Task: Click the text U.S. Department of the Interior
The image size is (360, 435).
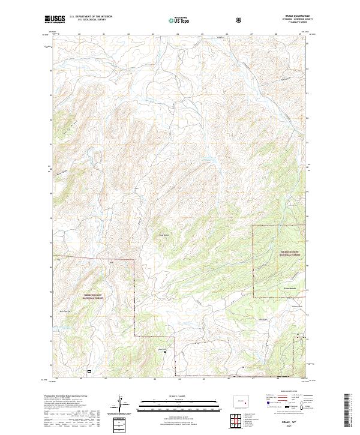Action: pos(91,17)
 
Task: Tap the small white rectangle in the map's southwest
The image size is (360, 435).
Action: pos(89,371)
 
